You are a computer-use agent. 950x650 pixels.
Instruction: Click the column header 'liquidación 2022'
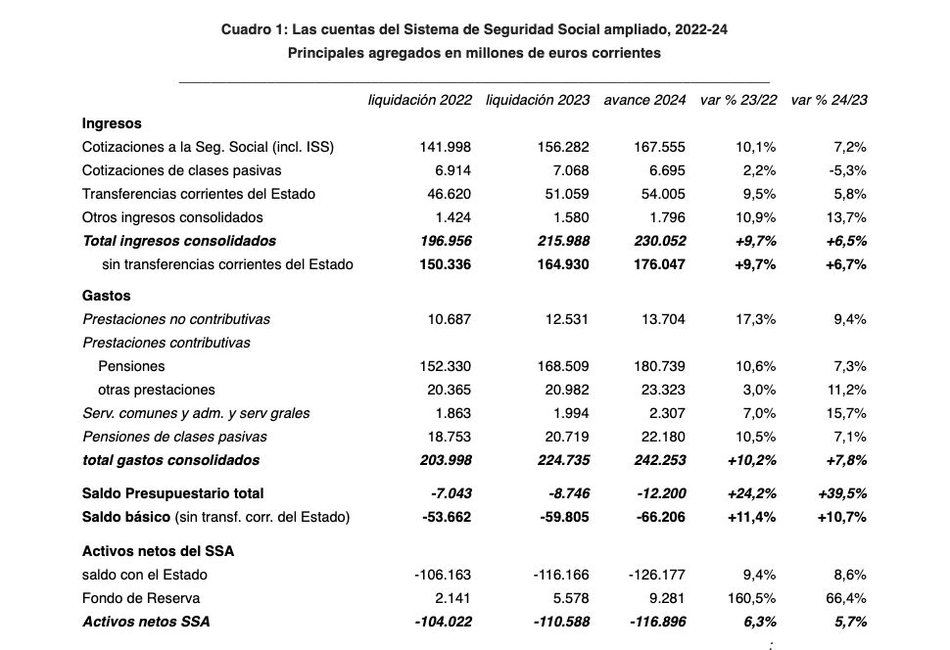pyautogui.click(x=419, y=100)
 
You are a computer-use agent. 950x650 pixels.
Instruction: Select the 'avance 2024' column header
pyautogui.click(x=644, y=100)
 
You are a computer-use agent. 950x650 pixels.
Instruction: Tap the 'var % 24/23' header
pyautogui.click(x=828, y=100)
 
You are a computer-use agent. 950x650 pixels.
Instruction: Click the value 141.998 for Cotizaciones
pyautogui.click(x=446, y=147)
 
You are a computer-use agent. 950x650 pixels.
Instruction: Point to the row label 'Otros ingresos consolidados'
pyautogui.click(x=172, y=217)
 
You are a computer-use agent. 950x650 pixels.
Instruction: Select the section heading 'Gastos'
pyautogui.click(x=106, y=296)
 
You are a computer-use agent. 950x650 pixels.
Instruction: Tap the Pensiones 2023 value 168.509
pyautogui.click(x=564, y=366)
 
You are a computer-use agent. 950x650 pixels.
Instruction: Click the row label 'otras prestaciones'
pyautogui.click(x=157, y=390)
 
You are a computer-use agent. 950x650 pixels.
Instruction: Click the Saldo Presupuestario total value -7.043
pyautogui.click(x=451, y=493)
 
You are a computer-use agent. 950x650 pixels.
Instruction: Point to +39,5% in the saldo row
pyautogui.click(x=841, y=493)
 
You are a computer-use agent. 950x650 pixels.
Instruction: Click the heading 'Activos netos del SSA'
pyautogui.click(x=158, y=551)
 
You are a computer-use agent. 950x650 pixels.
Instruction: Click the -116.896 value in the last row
pyautogui.click(x=652, y=622)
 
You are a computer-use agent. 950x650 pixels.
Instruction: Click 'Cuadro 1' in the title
pyautogui.click(x=253, y=30)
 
